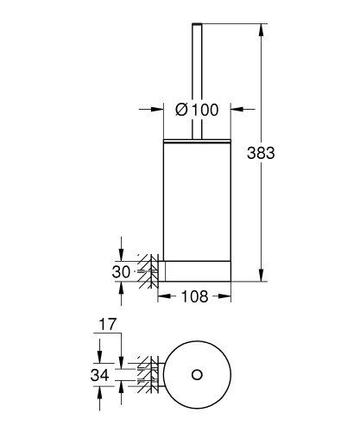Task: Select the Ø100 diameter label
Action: pyautogui.click(x=198, y=109)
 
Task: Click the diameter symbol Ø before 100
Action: pyautogui.click(x=182, y=109)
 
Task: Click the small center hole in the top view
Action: pyautogui.click(x=197, y=374)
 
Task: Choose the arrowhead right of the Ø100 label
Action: pyautogui.click(x=235, y=109)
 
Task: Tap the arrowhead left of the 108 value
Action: pyautogui.click(x=162, y=297)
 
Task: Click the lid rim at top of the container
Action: pyautogui.click(x=197, y=137)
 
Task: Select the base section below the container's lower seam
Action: pyautogui.click(x=197, y=270)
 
